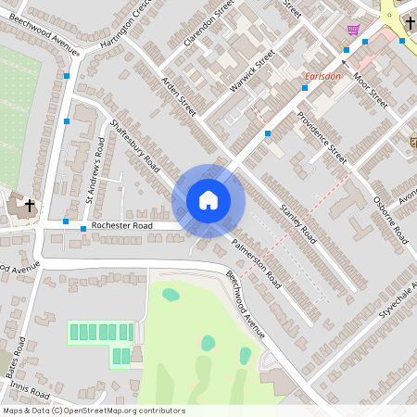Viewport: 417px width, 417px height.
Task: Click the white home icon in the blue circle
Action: tap(208, 200)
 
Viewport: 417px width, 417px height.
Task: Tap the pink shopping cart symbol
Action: tap(353, 30)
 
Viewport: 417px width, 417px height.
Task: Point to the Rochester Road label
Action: tap(121, 225)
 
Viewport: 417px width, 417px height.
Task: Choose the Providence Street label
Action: tap(322, 137)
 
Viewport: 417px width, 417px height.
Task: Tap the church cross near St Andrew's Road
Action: tap(30, 205)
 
